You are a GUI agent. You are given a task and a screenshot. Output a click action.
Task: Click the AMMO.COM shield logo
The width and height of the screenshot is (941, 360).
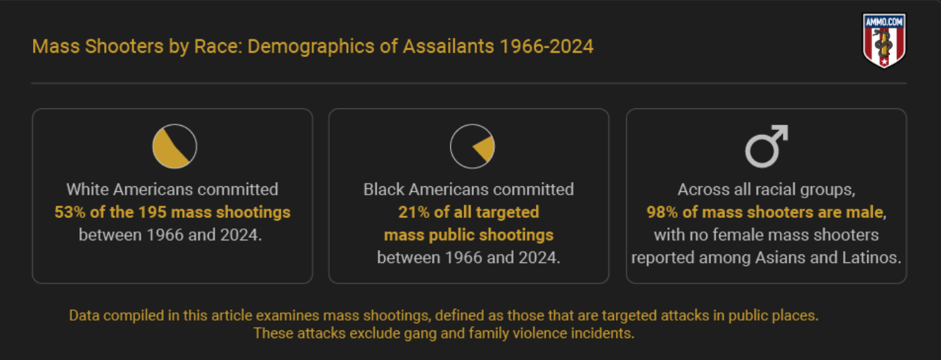[x=884, y=41]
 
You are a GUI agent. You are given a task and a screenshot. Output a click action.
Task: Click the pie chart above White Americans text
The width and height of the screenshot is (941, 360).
[x=174, y=146]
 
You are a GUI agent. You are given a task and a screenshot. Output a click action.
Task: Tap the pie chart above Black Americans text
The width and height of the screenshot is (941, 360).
[x=472, y=146]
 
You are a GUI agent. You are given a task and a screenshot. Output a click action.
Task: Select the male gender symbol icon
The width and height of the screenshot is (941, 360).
[x=767, y=146]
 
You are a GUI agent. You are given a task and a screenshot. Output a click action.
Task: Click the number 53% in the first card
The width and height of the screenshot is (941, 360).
[x=70, y=212]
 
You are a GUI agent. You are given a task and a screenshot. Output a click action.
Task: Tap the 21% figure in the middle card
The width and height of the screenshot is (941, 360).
[x=414, y=212]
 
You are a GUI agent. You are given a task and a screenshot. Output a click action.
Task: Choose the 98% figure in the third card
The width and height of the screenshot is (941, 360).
[x=662, y=212]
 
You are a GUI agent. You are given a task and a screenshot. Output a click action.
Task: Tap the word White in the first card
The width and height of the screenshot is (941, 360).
[x=87, y=189]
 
